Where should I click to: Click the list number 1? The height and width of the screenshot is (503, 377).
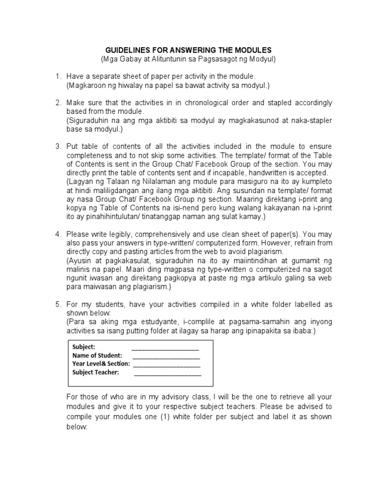[x=57, y=77]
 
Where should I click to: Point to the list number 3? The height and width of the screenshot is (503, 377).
[x=57, y=146]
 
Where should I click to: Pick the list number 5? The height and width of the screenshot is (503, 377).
[x=57, y=305]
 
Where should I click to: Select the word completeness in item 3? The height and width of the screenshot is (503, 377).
[x=87, y=155]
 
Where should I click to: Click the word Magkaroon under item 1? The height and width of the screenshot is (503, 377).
[x=86, y=85]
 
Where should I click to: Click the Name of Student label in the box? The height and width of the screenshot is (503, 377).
[x=97, y=355]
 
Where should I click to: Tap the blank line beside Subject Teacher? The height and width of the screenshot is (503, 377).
[x=167, y=372]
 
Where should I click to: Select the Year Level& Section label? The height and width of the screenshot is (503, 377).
[x=101, y=363]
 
